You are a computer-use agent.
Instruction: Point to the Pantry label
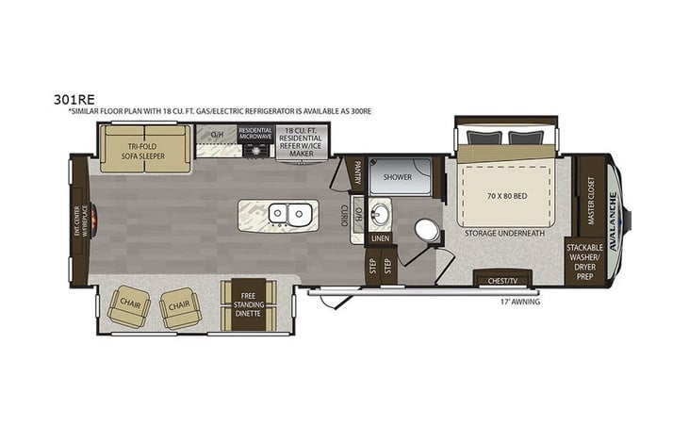point(358,174)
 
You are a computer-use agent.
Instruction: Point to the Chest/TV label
point(501,280)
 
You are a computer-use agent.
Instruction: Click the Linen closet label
point(380,238)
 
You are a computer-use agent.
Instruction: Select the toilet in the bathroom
point(426,229)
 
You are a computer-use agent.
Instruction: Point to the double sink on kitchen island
point(289,214)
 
